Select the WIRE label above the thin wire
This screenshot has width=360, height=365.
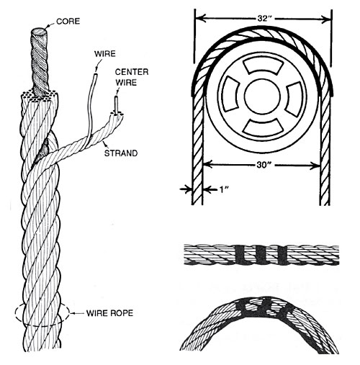coord(106,52)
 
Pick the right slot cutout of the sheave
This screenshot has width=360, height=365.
coord(294,94)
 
